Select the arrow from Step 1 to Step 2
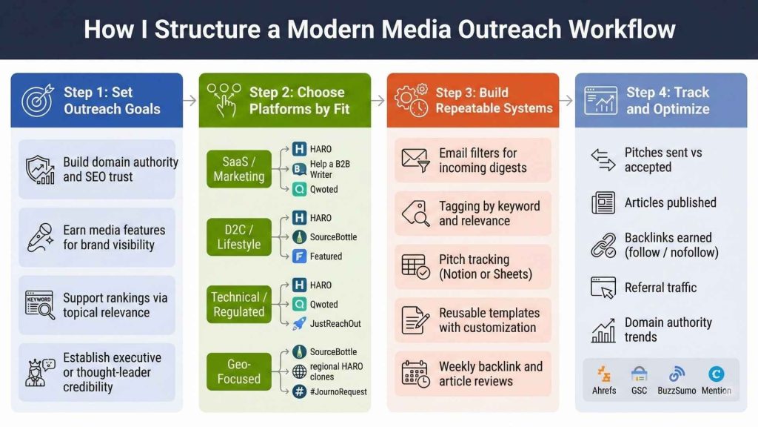(190, 100)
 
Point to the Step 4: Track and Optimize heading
(668, 100)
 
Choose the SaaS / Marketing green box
(239, 169)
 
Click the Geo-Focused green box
(239, 371)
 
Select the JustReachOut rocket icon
(300, 323)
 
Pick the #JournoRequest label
(338, 391)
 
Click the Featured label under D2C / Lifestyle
(326, 256)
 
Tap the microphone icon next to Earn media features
(38, 237)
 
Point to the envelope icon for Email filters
(415, 159)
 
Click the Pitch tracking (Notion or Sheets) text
(485, 267)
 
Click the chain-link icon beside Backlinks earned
(603, 245)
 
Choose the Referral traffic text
(660, 288)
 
